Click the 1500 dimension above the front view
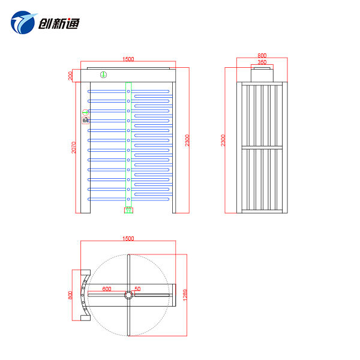click(x=128, y=59)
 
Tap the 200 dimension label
click(x=70, y=76)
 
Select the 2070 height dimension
click(x=74, y=147)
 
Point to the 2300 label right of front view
click(x=187, y=140)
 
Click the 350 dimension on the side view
click(x=262, y=62)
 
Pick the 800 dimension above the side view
click(x=262, y=55)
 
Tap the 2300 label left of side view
click(x=223, y=140)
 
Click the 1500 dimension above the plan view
click(x=128, y=238)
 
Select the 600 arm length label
click(x=106, y=289)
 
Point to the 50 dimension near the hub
click(x=137, y=289)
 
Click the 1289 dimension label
click(x=185, y=295)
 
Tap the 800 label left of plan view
click(x=70, y=295)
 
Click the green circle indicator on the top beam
click(x=103, y=75)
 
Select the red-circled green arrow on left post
click(x=85, y=112)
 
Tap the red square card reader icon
click(x=85, y=121)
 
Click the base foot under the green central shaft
click(x=128, y=210)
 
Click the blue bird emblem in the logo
click(x=23, y=23)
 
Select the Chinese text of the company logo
click(x=58, y=24)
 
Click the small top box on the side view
click(x=262, y=75)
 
